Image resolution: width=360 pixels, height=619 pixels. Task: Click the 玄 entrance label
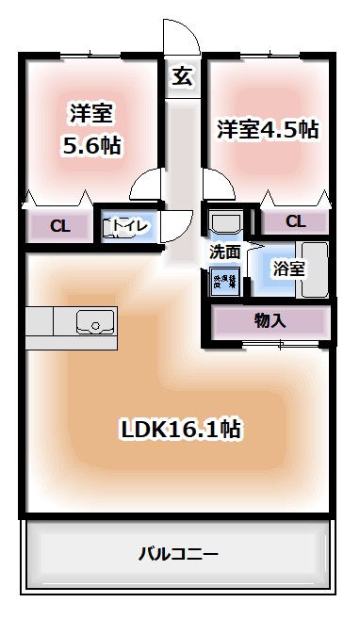point(182,78)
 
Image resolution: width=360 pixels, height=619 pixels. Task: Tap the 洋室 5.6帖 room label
point(90,130)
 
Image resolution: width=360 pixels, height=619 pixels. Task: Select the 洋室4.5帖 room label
point(268,130)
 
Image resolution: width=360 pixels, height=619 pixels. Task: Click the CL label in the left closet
point(59,225)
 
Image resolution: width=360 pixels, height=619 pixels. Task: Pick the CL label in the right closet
point(295,221)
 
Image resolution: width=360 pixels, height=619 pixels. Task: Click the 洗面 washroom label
point(224,252)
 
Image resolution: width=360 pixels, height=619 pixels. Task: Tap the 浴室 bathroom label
point(288,269)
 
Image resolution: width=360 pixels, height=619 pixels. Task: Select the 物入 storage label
point(270,320)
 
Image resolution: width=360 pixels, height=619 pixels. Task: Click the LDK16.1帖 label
point(181,430)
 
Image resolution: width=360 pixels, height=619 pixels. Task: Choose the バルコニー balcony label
point(179,553)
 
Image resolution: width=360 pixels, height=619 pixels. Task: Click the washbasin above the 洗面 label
point(224,223)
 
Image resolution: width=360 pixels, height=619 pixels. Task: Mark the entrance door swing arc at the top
point(181,38)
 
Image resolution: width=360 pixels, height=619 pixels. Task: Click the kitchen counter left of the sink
point(42,321)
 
